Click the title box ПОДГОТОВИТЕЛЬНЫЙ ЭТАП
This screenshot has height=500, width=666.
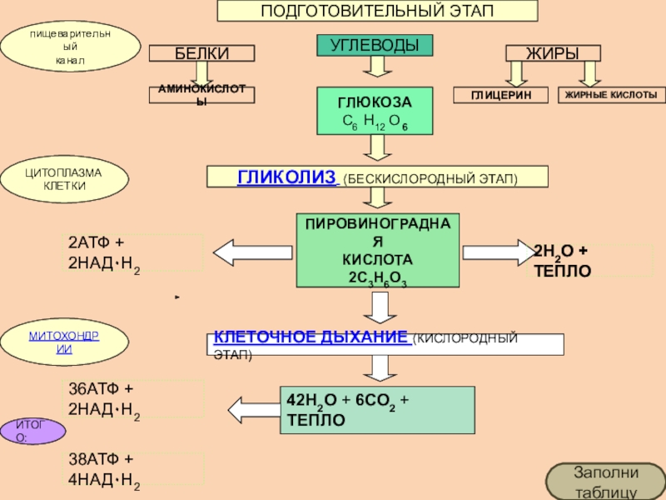click(377, 11)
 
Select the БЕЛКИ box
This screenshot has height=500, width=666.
click(201, 53)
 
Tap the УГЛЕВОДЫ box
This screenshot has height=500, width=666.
click(376, 45)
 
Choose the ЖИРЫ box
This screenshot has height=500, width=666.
click(553, 53)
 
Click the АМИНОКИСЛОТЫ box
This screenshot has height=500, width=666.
click(201, 94)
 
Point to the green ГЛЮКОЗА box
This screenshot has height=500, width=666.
click(375, 112)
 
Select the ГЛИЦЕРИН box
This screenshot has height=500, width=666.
click(499, 95)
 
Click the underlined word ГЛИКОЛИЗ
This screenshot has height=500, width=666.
click(287, 177)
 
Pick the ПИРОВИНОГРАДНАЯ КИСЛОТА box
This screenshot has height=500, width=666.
click(377, 250)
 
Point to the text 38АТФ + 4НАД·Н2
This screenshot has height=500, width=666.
click(104, 470)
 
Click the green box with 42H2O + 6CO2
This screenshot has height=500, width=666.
click(377, 409)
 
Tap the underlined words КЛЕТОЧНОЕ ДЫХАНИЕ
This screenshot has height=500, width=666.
click(311, 337)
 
